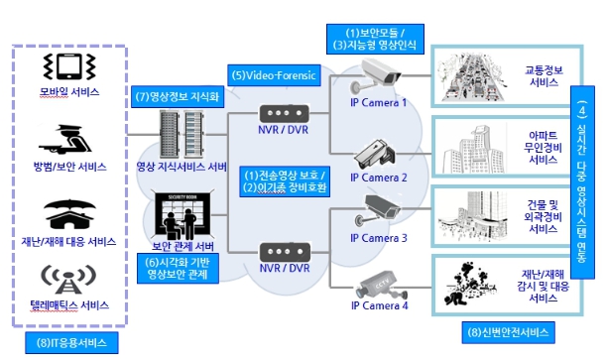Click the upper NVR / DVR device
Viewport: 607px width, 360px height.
pyautogui.click(x=284, y=115)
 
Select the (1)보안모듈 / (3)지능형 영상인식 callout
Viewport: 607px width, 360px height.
pyautogui.click(x=376, y=39)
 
